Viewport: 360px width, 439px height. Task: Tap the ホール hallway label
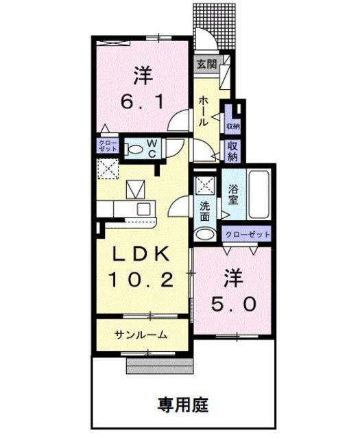tap(204, 110)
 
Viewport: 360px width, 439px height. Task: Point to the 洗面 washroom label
tap(204, 210)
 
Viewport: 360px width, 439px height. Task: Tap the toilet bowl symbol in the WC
tap(135, 148)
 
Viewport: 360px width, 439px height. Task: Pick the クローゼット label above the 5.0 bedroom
tap(248, 235)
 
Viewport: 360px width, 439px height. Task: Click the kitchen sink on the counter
tap(144, 209)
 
